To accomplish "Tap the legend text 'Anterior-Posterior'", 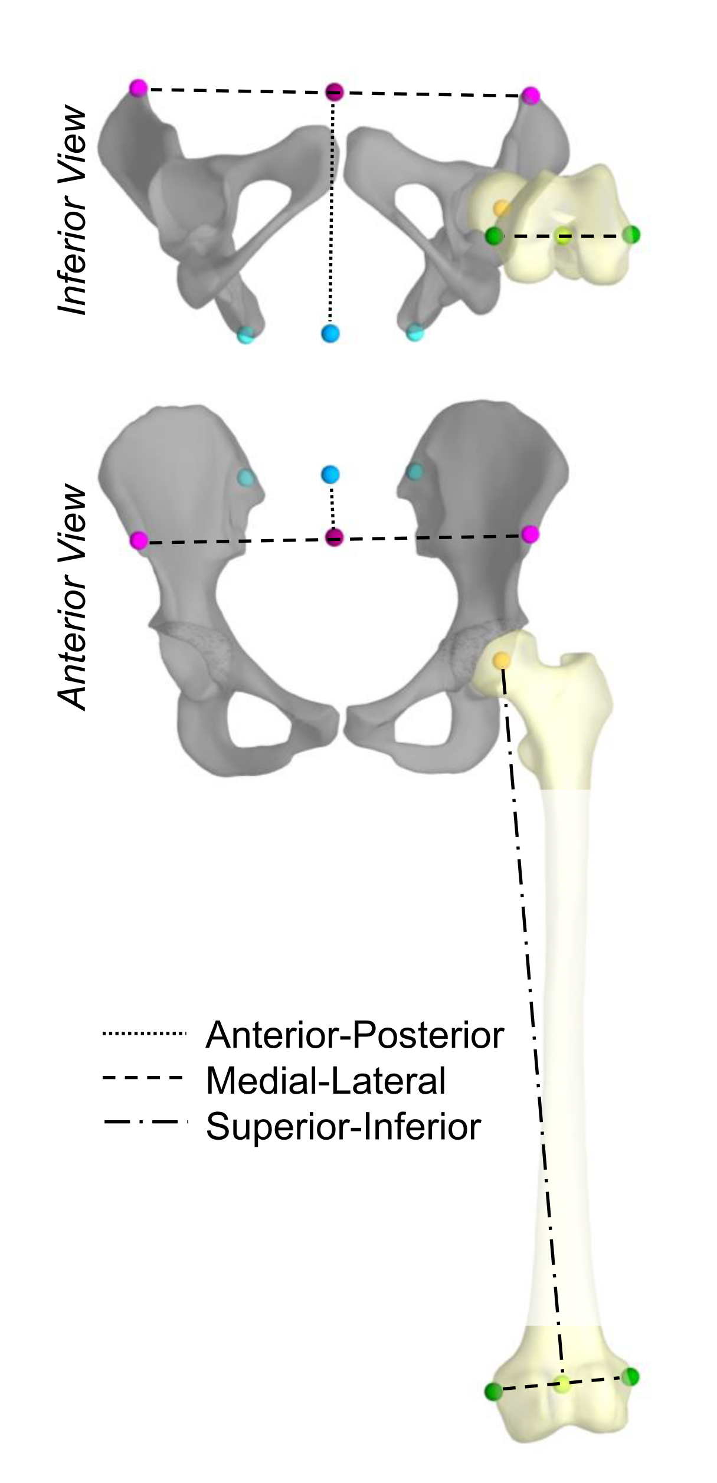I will coord(355,1035).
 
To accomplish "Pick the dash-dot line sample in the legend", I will coord(144,1121).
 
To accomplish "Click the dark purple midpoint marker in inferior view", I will coord(335,91).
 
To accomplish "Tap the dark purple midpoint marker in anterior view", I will coord(335,537).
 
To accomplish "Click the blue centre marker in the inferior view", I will coord(330,333).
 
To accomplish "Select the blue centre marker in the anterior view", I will coord(330,474).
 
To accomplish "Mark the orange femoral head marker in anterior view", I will coord(502,660).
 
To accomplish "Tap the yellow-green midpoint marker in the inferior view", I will coord(564,237).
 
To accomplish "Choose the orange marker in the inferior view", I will coord(501,208).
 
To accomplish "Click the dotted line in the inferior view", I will coord(332,212).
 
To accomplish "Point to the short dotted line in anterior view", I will coord(332,506).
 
